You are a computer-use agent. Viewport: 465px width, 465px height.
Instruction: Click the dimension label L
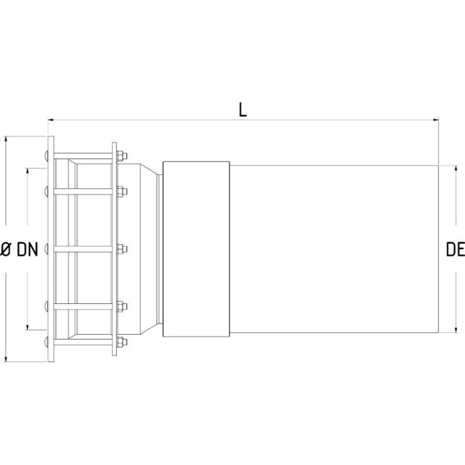point(243,110)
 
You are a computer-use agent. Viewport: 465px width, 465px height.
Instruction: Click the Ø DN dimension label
point(19,249)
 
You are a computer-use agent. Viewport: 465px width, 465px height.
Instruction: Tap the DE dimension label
point(455,249)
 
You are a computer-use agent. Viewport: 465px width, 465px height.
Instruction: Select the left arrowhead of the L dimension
point(51,120)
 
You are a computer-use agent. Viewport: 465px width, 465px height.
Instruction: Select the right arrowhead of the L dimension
point(436,120)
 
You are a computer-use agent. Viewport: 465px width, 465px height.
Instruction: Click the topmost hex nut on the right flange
point(122,156)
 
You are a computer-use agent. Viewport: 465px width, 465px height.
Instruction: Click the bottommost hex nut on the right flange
point(122,341)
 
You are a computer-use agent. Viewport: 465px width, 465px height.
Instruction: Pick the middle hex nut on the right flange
point(122,249)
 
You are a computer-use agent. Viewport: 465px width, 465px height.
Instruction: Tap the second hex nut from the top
point(122,191)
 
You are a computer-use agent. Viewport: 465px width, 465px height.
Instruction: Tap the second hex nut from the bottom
point(122,306)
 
